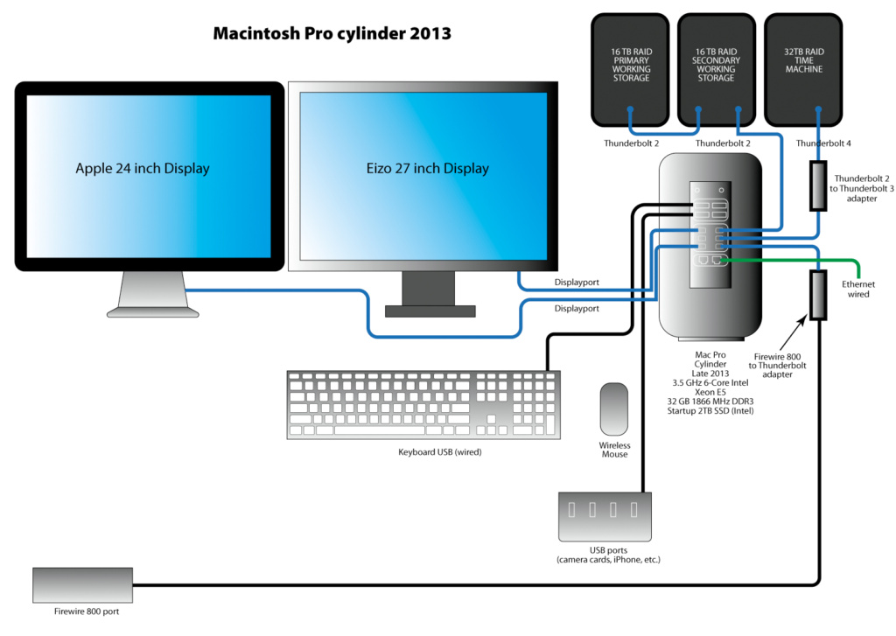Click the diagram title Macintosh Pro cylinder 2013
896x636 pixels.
[x=332, y=34]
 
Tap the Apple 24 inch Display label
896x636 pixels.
[x=143, y=168]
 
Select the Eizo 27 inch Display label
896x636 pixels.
[x=426, y=168]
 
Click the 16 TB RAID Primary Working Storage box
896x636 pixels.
[x=632, y=70]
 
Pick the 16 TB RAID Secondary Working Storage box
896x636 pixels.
[x=717, y=70]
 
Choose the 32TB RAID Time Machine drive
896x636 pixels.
[x=804, y=70]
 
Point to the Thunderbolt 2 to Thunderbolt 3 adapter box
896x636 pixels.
[x=819, y=185]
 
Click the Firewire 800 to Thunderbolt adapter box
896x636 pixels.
[x=819, y=295]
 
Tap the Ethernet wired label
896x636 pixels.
[x=858, y=290]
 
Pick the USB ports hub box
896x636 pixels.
[x=605, y=516]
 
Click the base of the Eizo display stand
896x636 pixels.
[x=430, y=311]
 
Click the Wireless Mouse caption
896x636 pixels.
[x=614, y=450]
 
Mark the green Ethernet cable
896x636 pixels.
[x=787, y=260]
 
